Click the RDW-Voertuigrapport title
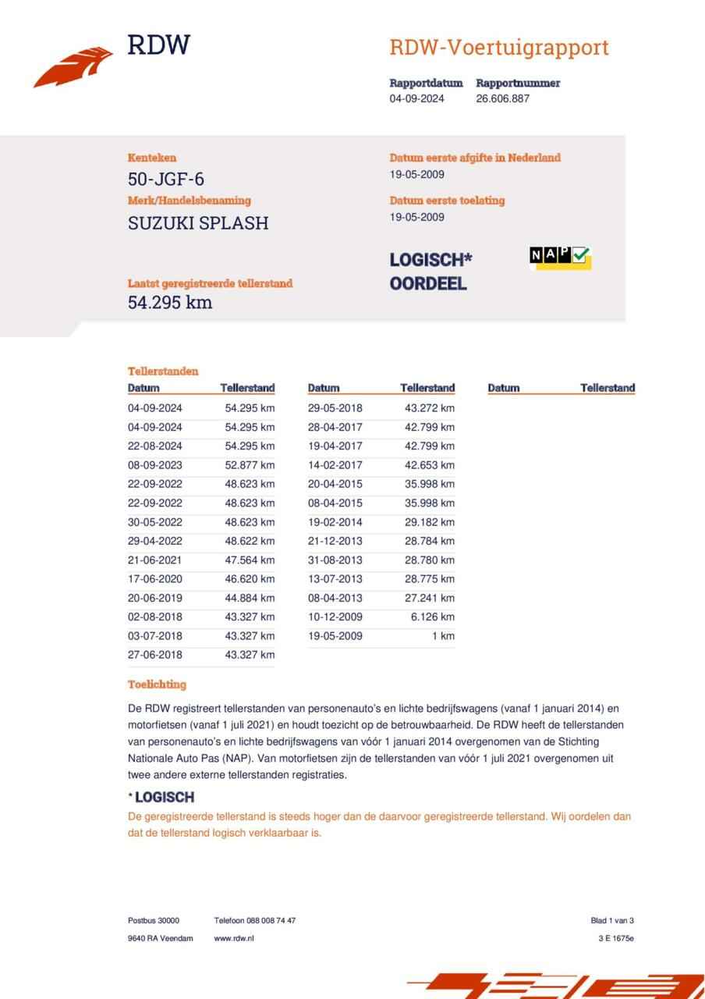coord(498,48)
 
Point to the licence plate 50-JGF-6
coord(166,180)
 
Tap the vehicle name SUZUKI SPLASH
coord(198,223)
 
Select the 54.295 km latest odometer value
coord(170,303)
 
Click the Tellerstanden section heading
coord(163,372)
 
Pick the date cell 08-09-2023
coord(155,465)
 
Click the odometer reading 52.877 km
coord(250,465)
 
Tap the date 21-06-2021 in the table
coord(155,560)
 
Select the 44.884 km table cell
coord(250,599)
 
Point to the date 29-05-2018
coord(335,408)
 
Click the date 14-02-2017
coord(335,465)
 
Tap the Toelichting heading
coord(157,684)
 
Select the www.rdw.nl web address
coord(234,938)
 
